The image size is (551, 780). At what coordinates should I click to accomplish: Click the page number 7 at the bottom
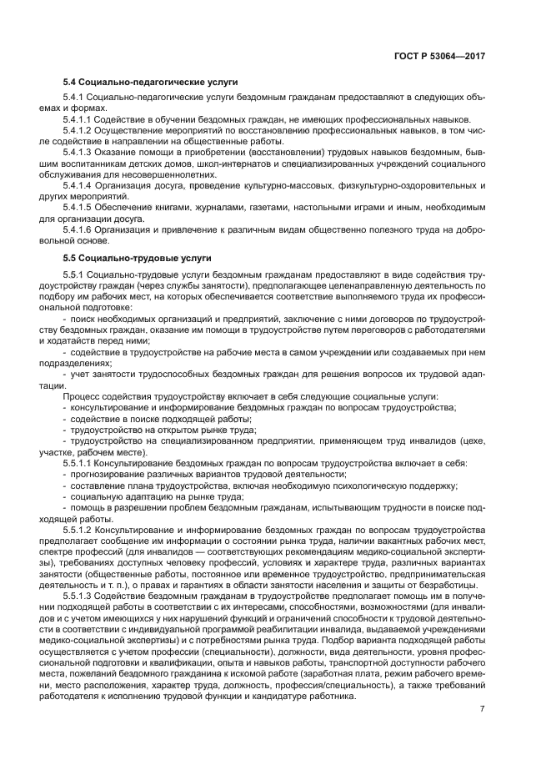(x=481, y=709)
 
